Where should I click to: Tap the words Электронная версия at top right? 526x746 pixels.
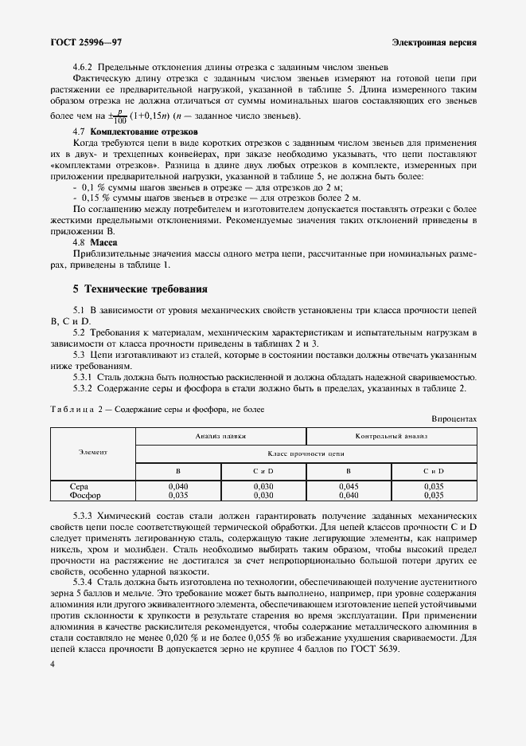(434, 41)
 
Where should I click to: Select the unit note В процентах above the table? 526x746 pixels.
(454, 418)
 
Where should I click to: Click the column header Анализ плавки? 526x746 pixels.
(220, 437)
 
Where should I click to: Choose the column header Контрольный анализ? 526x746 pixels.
(392, 437)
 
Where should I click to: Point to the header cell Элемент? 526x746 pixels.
(93, 453)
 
